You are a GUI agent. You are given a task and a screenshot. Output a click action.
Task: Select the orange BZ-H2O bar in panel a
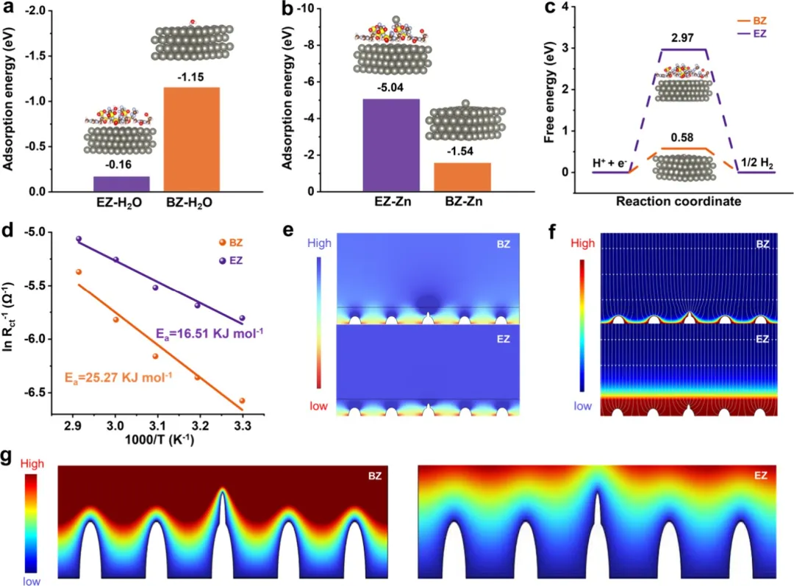click(x=191, y=139)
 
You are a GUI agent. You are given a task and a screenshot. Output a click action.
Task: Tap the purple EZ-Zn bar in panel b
click(x=390, y=145)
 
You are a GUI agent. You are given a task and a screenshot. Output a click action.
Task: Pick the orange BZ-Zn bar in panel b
click(x=462, y=176)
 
